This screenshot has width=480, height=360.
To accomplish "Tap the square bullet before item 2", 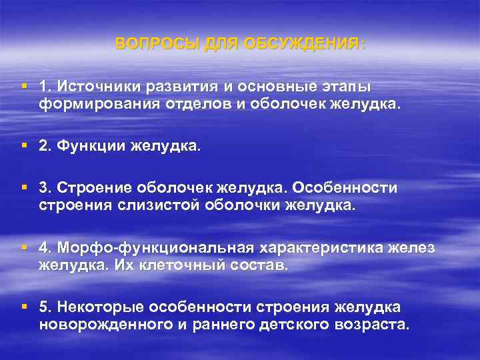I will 25,146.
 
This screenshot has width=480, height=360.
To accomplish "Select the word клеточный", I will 185,265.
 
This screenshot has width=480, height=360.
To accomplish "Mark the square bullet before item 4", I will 25,247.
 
